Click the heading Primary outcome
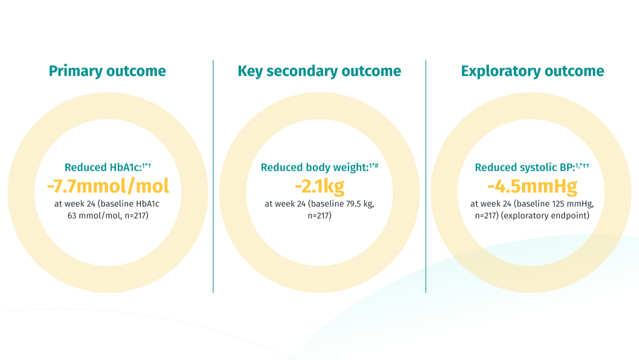coord(107,71)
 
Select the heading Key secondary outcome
coord(319,71)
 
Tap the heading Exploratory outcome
coord(532,71)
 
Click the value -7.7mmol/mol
coord(108,186)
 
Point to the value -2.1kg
coord(319,186)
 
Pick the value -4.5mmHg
coord(532,186)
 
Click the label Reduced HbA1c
coord(103,168)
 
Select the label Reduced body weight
coord(314,168)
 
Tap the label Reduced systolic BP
coord(525,168)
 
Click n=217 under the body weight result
coord(319,215)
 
